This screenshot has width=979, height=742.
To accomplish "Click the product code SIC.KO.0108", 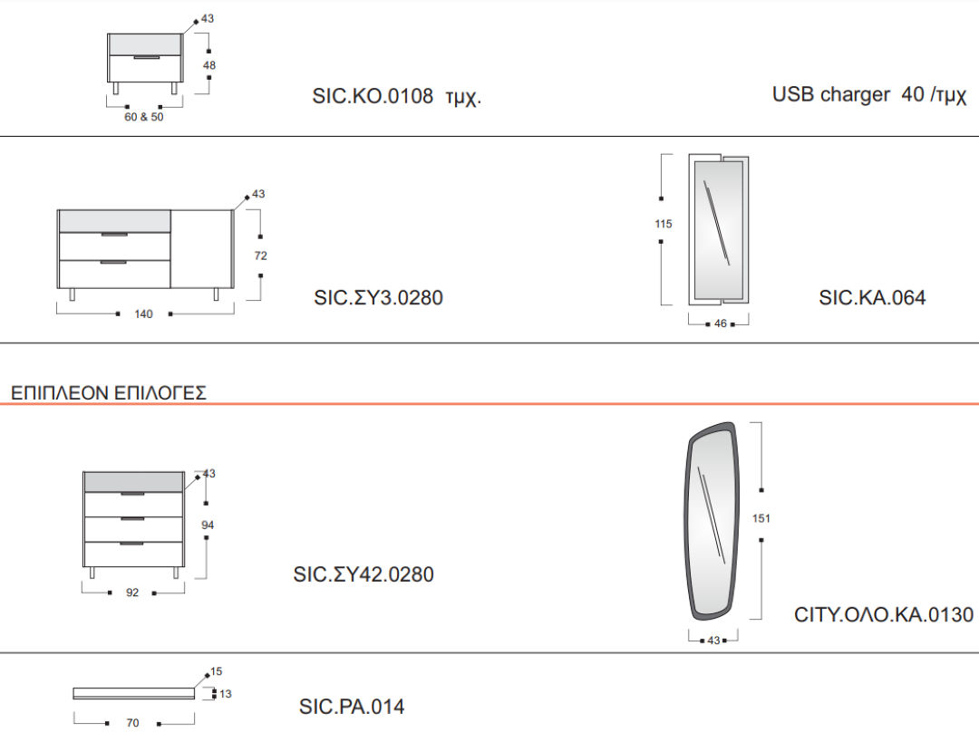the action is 373,96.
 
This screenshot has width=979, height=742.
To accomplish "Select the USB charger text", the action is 831,94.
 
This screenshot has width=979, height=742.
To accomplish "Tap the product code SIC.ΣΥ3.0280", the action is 378,298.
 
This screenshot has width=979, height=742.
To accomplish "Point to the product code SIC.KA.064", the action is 872,298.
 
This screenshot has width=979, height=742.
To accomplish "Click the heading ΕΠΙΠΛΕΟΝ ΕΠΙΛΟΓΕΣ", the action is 109,393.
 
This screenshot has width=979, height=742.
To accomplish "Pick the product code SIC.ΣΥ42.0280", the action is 363,574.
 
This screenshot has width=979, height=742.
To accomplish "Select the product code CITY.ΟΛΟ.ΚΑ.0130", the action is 884,614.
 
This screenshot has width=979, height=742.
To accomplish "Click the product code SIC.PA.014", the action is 352,707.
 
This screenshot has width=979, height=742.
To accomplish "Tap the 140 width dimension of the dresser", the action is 143,313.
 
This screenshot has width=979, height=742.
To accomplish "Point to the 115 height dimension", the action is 663,224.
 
